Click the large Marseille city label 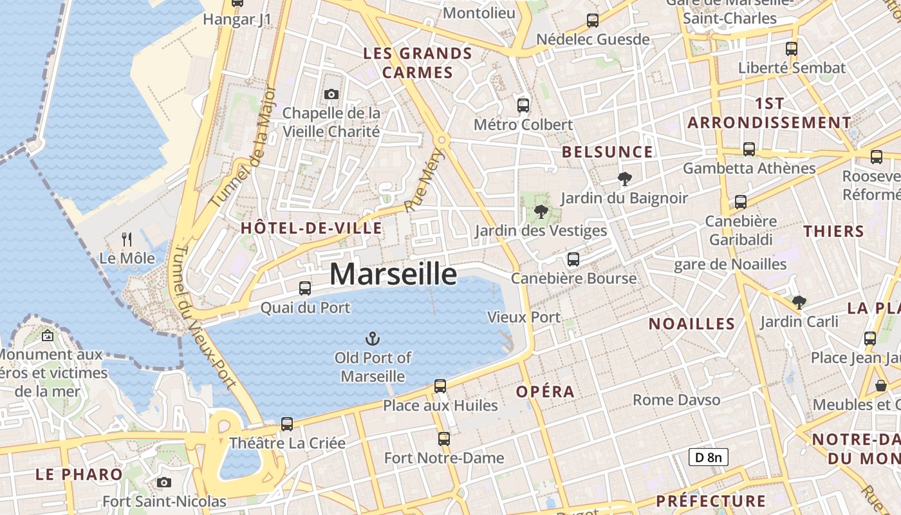pos(393,274)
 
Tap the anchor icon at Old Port pos(372,338)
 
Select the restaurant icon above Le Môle pos(127,239)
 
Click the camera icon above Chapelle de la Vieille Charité pos(331,95)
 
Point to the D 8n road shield pos(708,457)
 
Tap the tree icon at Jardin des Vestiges pos(541,211)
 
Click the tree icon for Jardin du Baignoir pos(624,178)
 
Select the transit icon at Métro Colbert pos(523,105)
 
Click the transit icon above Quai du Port pos(305,288)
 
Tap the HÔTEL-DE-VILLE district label pos(311,228)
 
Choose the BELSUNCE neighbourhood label pos(607,152)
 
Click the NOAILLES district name pos(691,324)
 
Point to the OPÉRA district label pos(545,391)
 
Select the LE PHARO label pos(79,474)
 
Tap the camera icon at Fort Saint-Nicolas pos(164,482)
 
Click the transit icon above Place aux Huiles pos(440,386)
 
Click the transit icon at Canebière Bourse pos(573,259)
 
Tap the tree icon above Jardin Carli pos(799,301)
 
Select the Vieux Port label pos(524,317)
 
